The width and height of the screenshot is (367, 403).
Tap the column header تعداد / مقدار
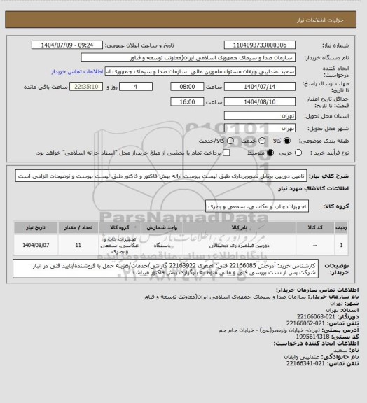tap(78, 227)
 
